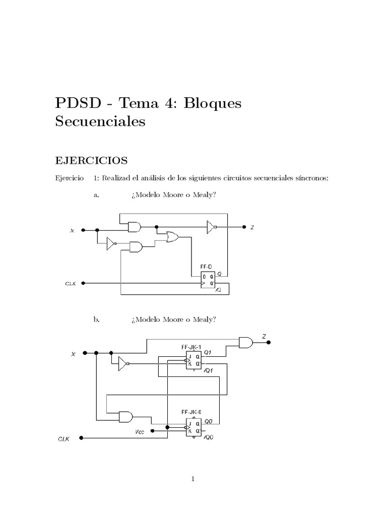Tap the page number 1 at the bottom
click(x=193, y=479)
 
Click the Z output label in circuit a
click(x=252, y=228)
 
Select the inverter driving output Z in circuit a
click(x=211, y=228)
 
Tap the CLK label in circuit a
click(x=71, y=284)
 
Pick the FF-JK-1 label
click(x=191, y=347)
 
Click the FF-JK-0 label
click(x=191, y=412)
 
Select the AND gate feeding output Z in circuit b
click(x=246, y=343)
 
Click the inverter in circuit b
click(x=123, y=363)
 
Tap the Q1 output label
click(x=208, y=352)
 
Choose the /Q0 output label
click(x=209, y=437)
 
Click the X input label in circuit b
click(x=73, y=354)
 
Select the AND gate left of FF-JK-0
click(x=125, y=417)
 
